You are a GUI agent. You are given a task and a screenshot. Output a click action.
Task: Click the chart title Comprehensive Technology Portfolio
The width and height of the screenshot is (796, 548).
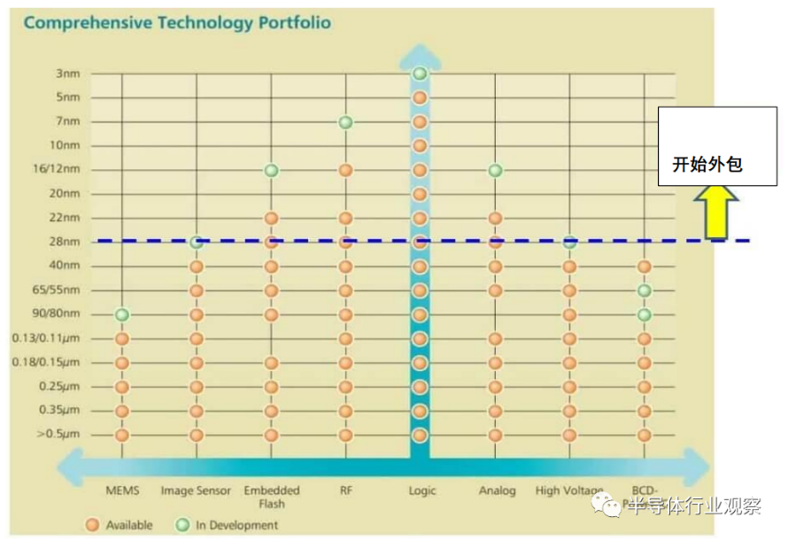point(177,23)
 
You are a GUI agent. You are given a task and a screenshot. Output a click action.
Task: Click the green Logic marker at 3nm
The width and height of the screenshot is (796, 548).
point(420,73)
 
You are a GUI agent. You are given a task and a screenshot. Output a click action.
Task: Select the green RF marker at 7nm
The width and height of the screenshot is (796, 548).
point(346,122)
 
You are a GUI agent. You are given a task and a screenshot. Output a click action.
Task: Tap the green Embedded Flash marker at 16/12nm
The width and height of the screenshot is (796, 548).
point(272,170)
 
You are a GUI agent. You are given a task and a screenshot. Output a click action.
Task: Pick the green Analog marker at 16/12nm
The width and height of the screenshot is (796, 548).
point(495,170)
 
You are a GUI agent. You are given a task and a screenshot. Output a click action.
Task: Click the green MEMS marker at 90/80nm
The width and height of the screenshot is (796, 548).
point(122,314)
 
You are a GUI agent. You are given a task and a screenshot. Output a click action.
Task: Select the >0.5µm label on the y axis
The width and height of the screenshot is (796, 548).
point(58,435)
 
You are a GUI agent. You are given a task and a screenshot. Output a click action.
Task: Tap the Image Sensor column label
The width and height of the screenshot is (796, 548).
point(196,490)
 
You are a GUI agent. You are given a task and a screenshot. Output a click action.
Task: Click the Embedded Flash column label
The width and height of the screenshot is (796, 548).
point(272,497)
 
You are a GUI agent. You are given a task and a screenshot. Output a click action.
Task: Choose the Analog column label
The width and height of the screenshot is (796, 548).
point(497,490)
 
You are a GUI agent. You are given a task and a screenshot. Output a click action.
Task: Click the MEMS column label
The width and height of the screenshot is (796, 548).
point(122,490)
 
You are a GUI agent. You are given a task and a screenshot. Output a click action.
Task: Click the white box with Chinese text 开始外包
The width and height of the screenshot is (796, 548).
point(717,146)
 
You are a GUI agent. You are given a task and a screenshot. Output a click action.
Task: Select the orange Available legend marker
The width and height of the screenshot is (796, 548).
point(92,525)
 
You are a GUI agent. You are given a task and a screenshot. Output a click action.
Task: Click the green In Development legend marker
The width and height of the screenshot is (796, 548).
point(182,525)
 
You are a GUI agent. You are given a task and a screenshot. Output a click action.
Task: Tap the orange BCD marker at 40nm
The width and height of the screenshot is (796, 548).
point(645,266)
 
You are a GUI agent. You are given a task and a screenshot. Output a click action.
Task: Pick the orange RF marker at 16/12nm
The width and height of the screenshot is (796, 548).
point(346,170)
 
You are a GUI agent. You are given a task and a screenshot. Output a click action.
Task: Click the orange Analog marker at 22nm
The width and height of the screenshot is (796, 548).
point(495,218)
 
